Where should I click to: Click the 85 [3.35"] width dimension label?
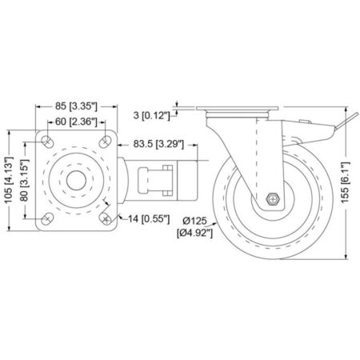(76, 106)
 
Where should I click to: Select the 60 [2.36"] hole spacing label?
(76, 122)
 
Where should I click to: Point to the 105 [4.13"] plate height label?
(9, 180)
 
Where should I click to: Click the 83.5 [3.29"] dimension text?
(158, 144)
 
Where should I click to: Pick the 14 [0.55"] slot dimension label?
(149, 219)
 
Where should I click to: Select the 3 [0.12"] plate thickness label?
(151, 115)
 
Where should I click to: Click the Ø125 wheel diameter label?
(194, 221)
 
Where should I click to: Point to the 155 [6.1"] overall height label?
(346, 182)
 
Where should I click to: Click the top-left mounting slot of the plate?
(47, 142)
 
